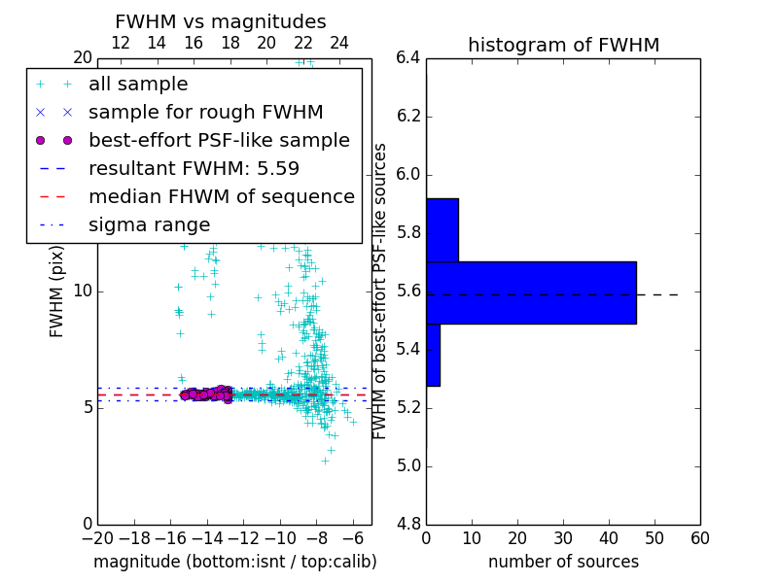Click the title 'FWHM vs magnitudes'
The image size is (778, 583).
220,21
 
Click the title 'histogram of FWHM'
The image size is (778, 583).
563,45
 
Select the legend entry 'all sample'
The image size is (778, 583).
138,85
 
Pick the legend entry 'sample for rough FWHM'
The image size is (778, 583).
205,113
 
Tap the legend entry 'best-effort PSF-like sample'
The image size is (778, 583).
219,141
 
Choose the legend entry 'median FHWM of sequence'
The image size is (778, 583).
221,197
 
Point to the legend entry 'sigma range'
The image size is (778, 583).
149,225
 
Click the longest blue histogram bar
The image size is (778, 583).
531,292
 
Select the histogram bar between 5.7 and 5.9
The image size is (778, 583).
442,230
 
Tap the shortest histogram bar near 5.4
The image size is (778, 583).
433,355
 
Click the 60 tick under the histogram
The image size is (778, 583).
699,538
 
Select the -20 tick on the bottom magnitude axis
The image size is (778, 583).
97,538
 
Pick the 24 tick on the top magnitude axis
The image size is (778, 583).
339,43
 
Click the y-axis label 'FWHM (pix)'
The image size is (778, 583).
57,291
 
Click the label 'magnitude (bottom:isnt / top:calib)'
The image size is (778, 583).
234,562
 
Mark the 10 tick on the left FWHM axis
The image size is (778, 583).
84,291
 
